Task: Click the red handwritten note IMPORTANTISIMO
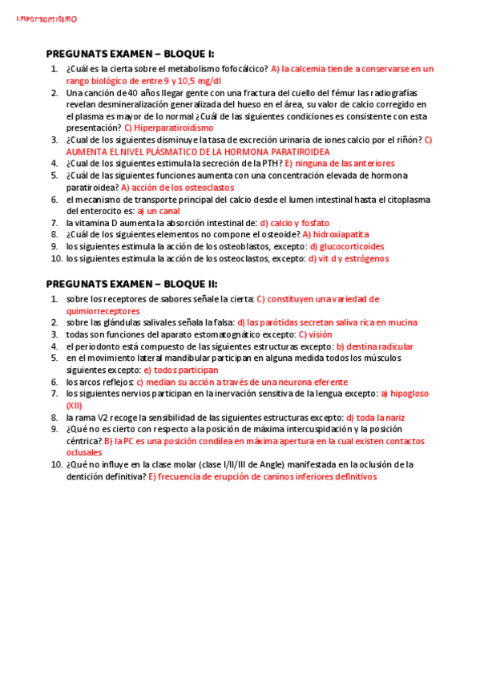point(47,18)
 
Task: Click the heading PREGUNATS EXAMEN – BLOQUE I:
point(130,55)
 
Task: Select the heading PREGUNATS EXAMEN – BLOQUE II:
point(131,284)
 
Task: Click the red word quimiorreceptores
point(103,310)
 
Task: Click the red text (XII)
point(75,406)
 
